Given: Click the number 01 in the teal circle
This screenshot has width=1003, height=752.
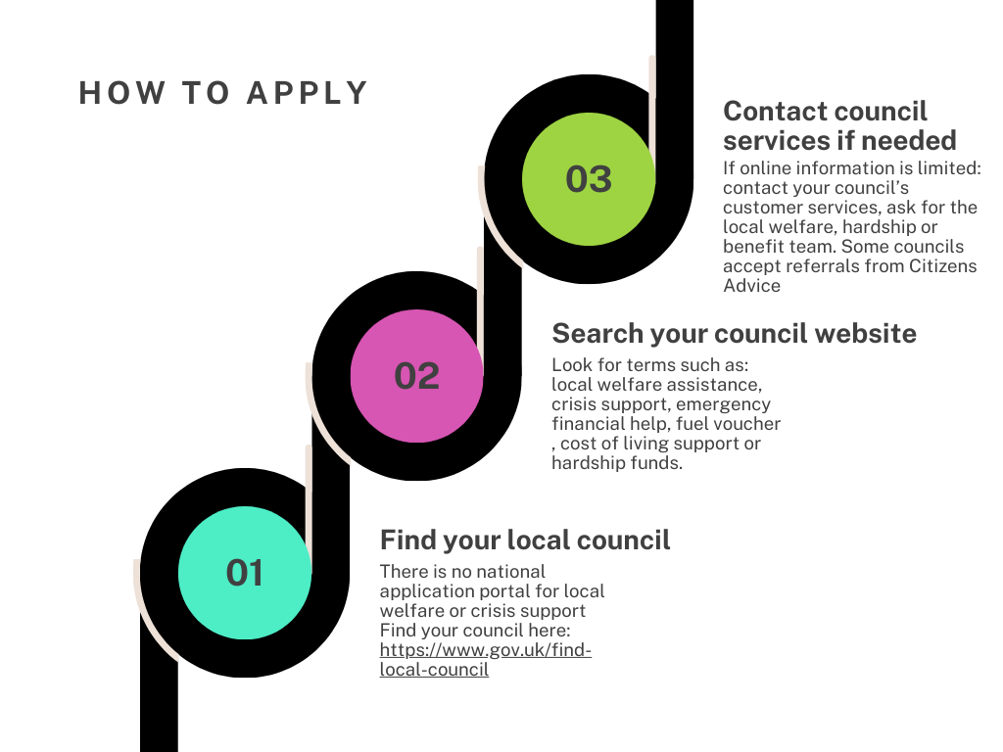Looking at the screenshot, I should pos(245,573).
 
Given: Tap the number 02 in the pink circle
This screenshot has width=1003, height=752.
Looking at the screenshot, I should pos(417,376).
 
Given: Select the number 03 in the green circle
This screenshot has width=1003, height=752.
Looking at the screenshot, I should pos(589,179).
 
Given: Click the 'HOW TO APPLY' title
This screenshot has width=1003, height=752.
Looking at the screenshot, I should pos(223,93).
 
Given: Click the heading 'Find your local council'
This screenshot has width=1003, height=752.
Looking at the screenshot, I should pos(525,540).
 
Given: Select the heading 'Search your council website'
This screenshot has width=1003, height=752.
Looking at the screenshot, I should pos(734,333).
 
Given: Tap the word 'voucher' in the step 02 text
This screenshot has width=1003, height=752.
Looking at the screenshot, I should pos(747,424).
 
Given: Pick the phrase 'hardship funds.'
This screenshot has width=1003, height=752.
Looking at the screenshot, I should pos(617,463).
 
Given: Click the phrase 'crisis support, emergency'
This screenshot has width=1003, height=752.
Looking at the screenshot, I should pos(661,404).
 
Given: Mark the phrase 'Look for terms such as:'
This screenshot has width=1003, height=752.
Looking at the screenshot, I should pos(645,365).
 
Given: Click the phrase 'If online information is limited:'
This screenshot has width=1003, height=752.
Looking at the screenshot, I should pos(851,167).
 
